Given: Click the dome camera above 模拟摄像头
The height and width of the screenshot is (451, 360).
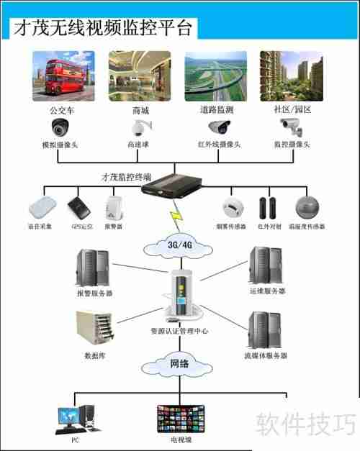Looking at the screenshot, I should pos(60,128).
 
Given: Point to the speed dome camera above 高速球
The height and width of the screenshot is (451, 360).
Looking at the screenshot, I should pos(137,129).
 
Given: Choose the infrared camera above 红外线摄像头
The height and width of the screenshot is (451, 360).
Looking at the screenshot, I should pos(219,127).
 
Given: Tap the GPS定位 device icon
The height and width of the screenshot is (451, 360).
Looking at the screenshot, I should pos(79,209).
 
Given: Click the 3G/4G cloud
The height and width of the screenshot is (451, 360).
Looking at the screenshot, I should pos(179,245).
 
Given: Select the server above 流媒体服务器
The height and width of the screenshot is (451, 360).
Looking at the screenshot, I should pos(263,330).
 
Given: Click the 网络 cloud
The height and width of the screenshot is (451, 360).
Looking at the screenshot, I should pos(179,364).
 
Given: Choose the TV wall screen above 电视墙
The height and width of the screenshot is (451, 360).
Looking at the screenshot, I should pos(179,418).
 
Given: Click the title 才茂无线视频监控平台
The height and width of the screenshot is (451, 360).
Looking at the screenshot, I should pos(102,28).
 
